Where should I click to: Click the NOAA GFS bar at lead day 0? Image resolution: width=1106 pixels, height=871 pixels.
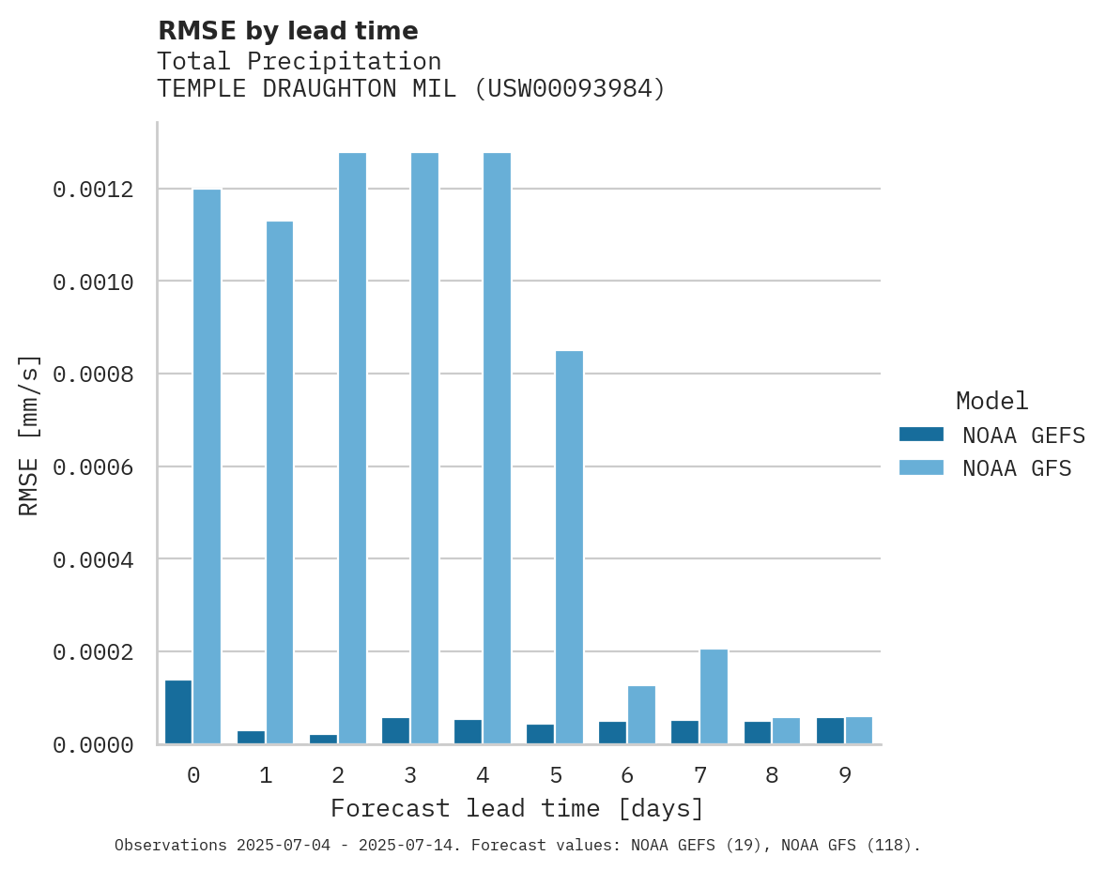[x=207, y=466]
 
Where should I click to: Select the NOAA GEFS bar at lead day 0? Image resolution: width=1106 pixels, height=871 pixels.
[x=178, y=711]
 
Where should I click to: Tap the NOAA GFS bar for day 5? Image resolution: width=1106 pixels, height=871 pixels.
[x=569, y=547]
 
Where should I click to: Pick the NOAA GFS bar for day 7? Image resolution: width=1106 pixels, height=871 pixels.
[x=714, y=696]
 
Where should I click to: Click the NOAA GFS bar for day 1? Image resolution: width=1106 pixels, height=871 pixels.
[x=280, y=482]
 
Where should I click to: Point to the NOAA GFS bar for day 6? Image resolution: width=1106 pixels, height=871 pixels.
[x=641, y=714]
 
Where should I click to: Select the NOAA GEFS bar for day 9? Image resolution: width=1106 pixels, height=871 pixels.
[x=830, y=730]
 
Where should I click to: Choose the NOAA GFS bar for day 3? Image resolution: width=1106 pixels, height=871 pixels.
[x=424, y=448]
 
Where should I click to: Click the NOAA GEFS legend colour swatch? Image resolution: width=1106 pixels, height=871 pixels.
[x=921, y=435]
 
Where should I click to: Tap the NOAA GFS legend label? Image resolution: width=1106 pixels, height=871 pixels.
[x=1017, y=467]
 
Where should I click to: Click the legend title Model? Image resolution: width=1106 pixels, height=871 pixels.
[x=992, y=401]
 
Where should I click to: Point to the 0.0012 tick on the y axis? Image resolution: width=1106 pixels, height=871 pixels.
[x=93, y=191]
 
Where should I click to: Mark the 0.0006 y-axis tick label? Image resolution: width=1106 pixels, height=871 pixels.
[x=93, y=467]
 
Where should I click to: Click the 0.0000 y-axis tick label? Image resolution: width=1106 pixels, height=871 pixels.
[x=93, y=745]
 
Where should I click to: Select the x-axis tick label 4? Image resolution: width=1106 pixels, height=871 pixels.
[x=483, y=775]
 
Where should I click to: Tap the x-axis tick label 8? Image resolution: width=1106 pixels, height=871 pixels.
[x=772, y=775]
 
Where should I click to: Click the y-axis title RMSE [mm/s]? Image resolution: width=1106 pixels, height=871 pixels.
[x=29, y=435]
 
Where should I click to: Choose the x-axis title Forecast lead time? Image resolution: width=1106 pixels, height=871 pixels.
[x=517, y=808]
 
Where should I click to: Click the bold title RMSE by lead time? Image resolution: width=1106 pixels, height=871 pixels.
[x=288, y=31]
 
